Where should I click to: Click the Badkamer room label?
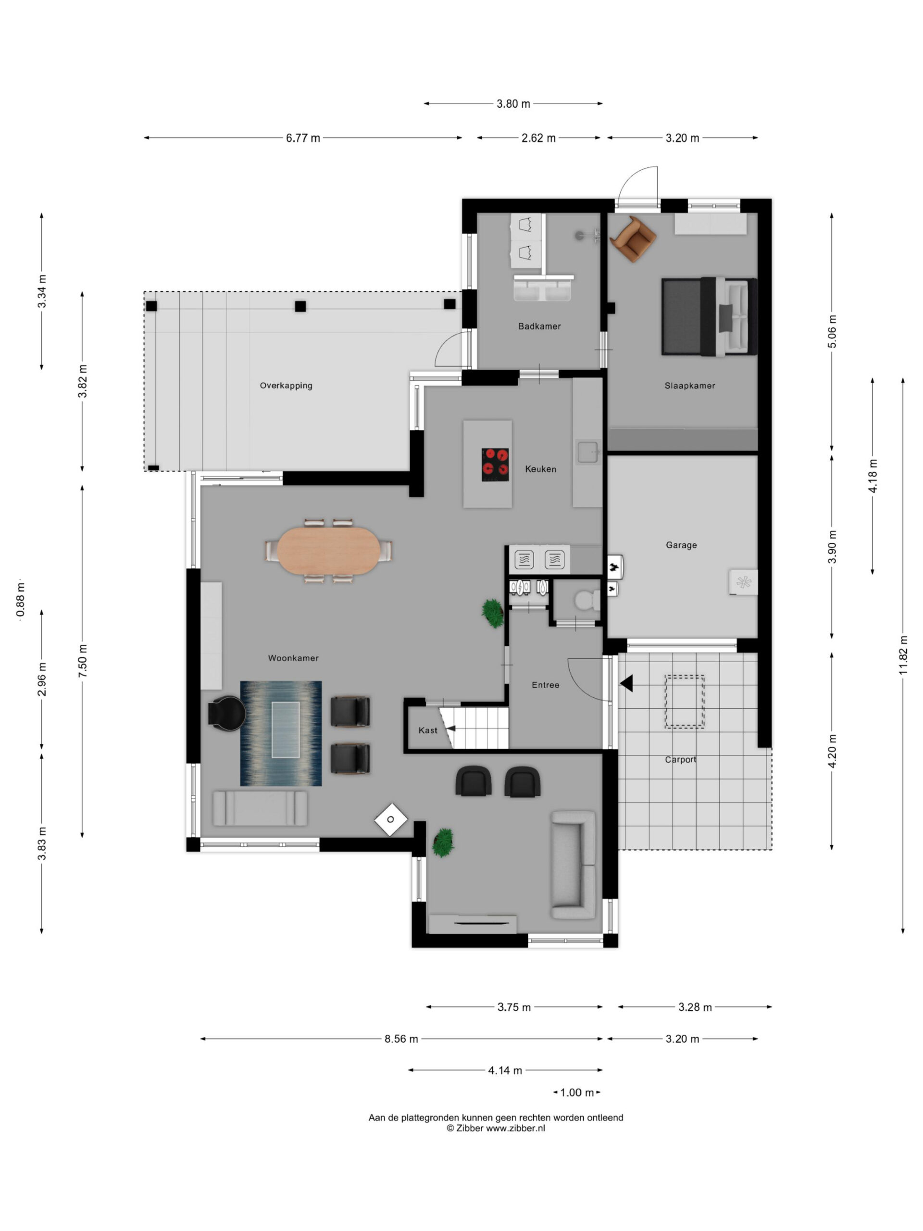tap(539, 326)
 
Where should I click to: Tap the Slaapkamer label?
tap(689, 386)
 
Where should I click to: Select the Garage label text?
tap(681, 545)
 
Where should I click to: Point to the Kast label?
tap(428, 730)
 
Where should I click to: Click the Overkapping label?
tap(286, 386)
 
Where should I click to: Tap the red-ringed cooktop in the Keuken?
tap(495, 464)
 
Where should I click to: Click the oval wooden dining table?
tap(329, 551)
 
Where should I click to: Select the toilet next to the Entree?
tap(587, 601)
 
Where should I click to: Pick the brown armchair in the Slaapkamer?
tap(633, 238)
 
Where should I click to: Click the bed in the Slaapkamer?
tap(710, 316)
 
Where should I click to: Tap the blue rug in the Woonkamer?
tap(281, 733)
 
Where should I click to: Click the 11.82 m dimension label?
tap(903, 655)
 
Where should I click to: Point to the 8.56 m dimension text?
tap(401, 1039)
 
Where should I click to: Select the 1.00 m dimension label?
tap(577, 1093)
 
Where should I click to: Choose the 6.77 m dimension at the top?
tap(303, 138)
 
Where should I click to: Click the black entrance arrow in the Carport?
tap(626, 683)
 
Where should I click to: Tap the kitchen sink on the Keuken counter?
tap(587, 452)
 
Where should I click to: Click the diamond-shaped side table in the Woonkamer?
tap(390, 819)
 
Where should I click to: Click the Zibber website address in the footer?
tap(515, 1128)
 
